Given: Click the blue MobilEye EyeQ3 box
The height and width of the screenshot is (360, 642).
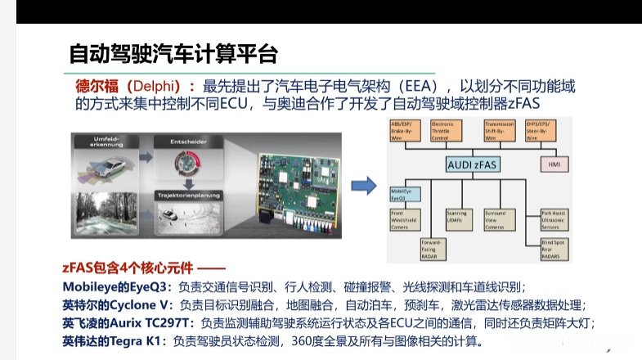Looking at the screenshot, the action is tap(405, 193).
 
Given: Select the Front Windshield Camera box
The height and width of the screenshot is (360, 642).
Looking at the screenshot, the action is tap(404, 218).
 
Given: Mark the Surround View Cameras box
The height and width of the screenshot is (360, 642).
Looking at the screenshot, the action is tap(500, 218).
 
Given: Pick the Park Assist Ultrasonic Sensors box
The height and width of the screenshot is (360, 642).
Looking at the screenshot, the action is tap(556, 218).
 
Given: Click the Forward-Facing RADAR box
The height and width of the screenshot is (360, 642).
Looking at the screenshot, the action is tap(433, 248).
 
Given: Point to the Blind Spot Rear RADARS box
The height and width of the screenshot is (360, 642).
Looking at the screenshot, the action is tap(556, 248).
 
